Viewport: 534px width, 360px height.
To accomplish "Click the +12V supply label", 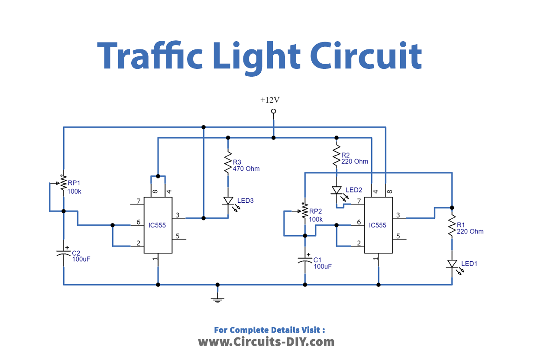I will [270, 100].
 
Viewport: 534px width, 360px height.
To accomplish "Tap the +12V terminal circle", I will [273, 112].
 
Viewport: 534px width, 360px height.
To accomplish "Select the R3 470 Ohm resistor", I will [228, 163].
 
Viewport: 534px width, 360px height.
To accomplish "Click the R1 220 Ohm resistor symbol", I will [452, 225].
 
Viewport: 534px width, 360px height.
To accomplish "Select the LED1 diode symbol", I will [452, 264].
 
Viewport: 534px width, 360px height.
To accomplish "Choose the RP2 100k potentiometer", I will [304, 211].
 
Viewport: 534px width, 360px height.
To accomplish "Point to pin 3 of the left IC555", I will [179, 217].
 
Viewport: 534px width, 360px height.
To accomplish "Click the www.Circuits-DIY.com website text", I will [266, 342].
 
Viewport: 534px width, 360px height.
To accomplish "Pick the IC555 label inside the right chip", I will [378, 225].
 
